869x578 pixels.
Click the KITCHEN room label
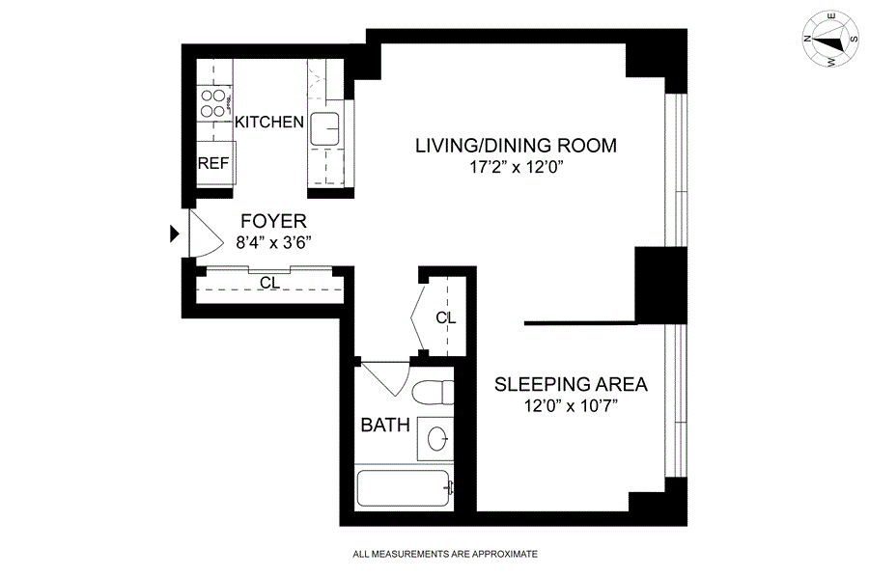(x=268, y=122)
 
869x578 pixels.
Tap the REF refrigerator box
(x=216, y=163)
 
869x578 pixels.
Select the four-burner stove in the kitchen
(x=213, y=103)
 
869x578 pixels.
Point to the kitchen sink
(x=325, y=128)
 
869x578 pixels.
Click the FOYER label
(x=274, y=221)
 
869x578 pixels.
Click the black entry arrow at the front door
(x=175, y=234)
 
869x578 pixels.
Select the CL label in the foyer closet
(x=270, y=283)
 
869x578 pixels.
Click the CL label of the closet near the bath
(x=445, y=317)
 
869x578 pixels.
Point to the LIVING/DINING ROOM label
(x=516, y=146)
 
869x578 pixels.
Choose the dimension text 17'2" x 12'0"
(x=517, y=167)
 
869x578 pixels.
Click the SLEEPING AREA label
(x=571, y=384)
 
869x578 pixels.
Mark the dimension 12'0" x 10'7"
(x=571, y=406)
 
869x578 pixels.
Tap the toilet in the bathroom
(x=434, y=392)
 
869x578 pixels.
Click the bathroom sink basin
(x=437, y=439)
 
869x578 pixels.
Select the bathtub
(x=404, y=487)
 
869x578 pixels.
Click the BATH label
(x=385, y=426)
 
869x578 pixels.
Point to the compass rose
(x=830, y=40)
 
